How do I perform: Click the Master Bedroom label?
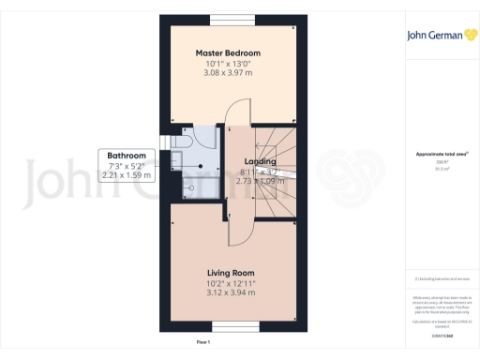point(228,52)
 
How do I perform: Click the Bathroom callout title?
point(126,156)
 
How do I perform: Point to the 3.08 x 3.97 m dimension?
point(229,72)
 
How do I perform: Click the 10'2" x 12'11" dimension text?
point(231,281)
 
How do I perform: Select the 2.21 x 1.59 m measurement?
point(126,175)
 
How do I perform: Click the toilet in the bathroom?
point(182,139)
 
